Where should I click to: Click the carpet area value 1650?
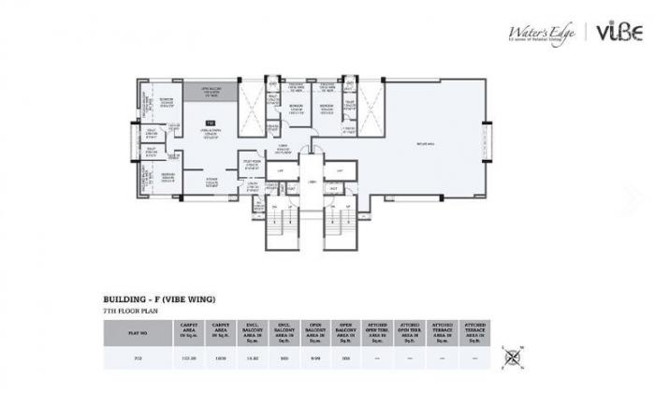pos(222,357)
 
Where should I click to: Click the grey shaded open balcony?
pos(211,93)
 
